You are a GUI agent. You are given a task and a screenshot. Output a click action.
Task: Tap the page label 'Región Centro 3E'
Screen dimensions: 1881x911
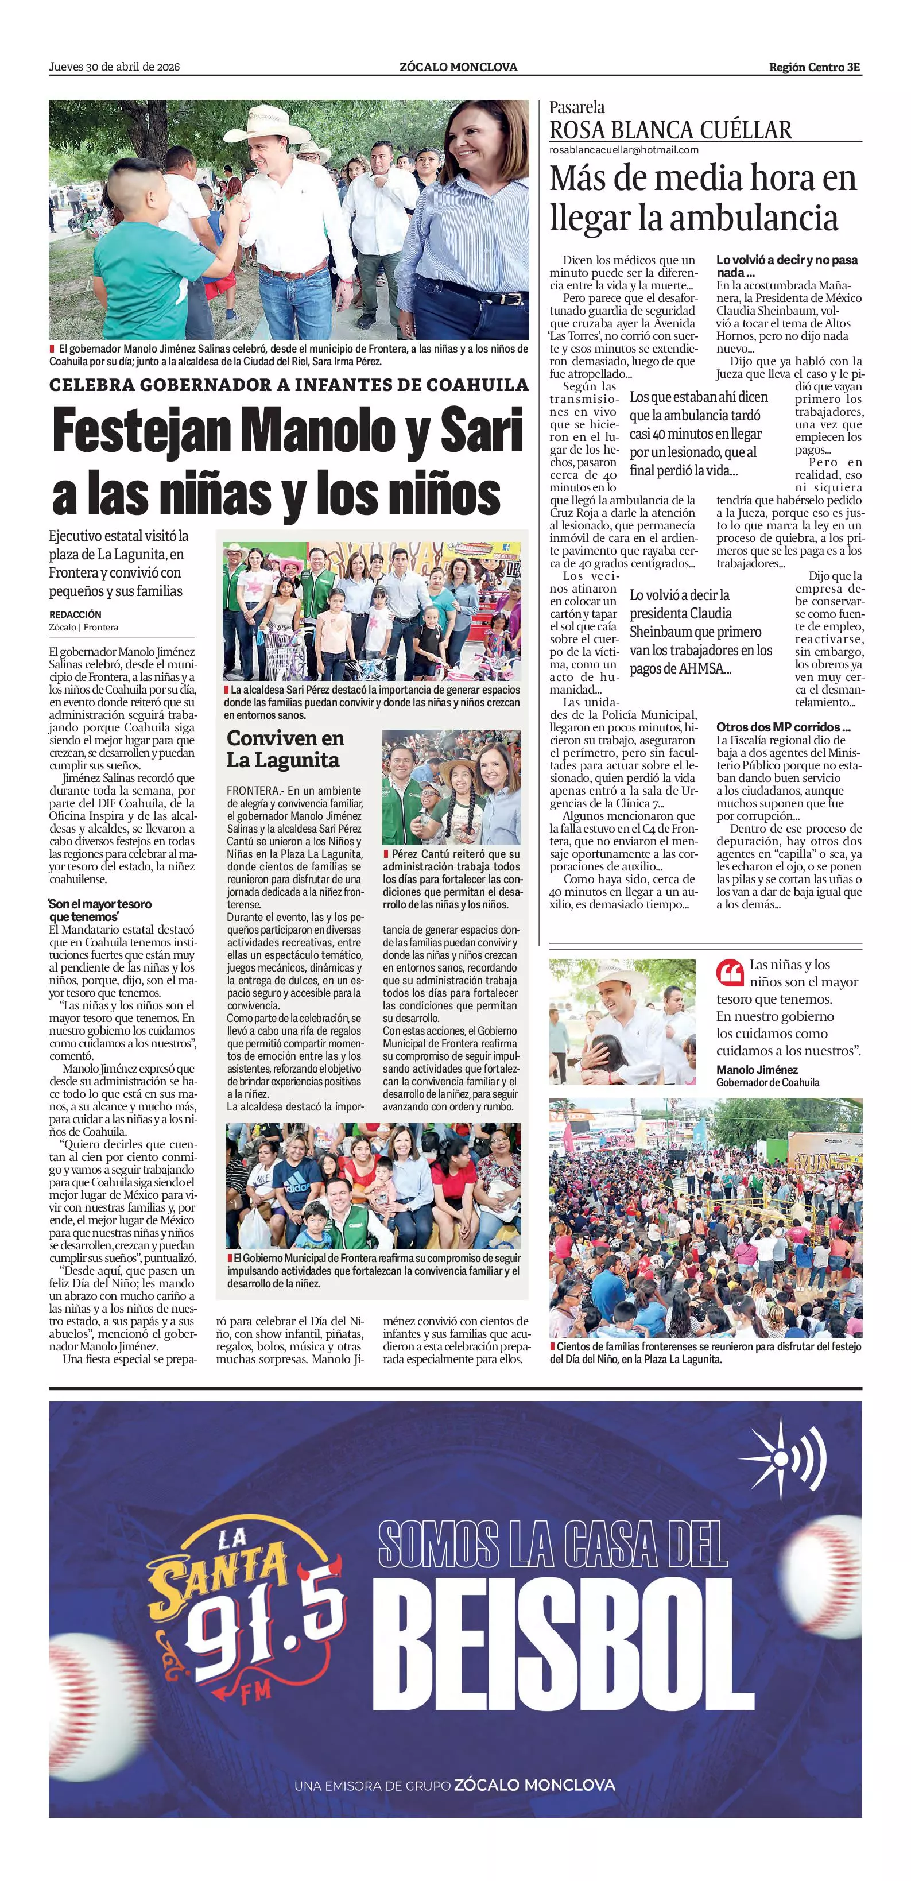pyautogui.click(x=815, y=67)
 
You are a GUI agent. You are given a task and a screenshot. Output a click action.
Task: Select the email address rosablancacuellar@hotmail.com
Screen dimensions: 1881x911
pyautogui.click(x=623, y=150)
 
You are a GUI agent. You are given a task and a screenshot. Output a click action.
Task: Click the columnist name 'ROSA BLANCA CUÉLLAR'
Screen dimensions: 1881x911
pyautogui.click(x=670, y=130)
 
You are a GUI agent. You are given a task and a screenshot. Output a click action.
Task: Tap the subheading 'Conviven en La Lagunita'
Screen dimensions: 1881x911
pyautogui.click(x=285, y=749)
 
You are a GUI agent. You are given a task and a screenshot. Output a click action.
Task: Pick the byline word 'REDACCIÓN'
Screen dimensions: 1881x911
pyautogui.click(x=75, y=614)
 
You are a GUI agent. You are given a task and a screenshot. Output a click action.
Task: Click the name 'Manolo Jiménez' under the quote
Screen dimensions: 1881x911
pyautogui.click(x=757, y=1069)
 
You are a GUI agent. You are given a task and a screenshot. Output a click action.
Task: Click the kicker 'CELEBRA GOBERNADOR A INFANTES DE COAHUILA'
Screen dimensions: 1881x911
pyautogui.click(x=288, y=385)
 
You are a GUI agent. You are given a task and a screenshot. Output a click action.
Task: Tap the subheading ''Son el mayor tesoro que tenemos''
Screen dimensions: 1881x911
pyautogui.click(x=100, y=910)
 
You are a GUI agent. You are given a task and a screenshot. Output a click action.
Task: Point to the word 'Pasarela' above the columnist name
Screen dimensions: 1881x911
pyautogui.click(x=577, y=107)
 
